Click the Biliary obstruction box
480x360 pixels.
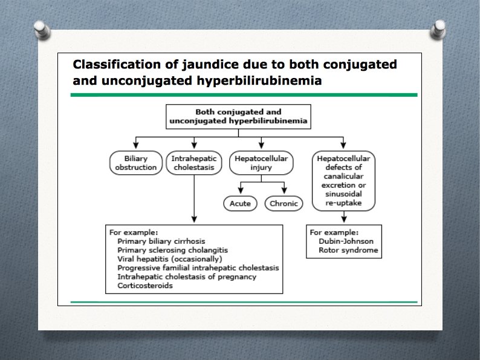click(x=136, y=163)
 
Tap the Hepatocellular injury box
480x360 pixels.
click(x=261, y=163)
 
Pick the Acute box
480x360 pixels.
click(x=240, y=203)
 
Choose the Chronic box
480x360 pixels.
click(x=284, y=203)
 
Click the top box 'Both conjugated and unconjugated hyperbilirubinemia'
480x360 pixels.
click(x=238, y=116)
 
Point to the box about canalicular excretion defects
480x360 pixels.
click(x=344, y=180)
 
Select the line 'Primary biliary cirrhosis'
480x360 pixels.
click(x=161, y=241)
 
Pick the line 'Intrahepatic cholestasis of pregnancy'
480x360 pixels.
click(x=187, y=277)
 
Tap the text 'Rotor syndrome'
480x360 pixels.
click(x=343, y=250)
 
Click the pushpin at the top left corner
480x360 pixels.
click(x=41, y=27)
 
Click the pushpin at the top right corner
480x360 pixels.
click(x=439, y=27)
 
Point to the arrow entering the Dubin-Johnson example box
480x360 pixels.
click(x=344, y=220)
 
